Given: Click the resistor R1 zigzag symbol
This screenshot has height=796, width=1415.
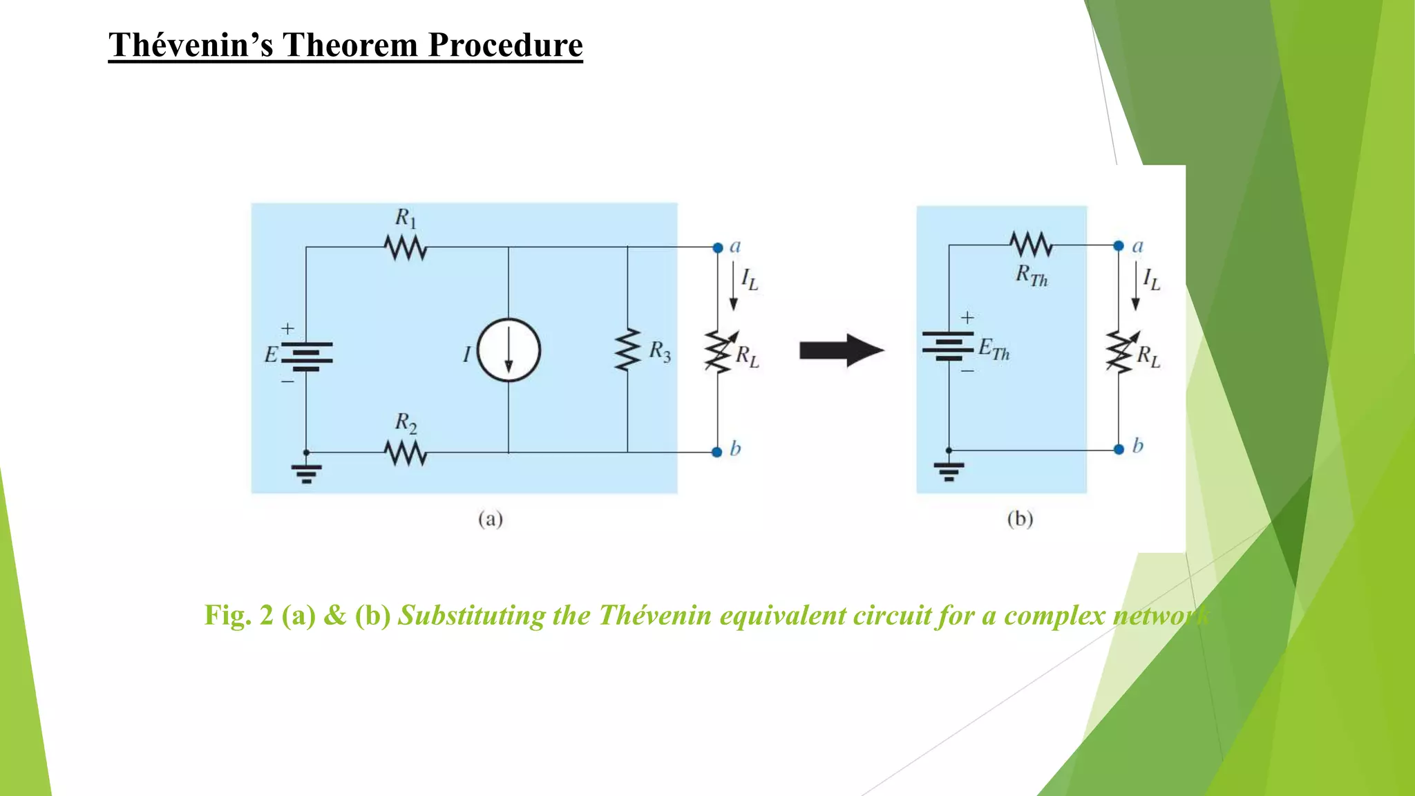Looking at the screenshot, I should tap(406, 247).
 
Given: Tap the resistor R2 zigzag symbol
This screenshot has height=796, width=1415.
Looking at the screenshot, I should tap(406, 453).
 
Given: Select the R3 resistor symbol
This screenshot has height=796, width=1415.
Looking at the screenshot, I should tap(627, 350).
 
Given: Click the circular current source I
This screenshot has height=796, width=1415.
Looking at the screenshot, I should tap(509, 350).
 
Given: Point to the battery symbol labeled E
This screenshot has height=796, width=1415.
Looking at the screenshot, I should tap(306, 357).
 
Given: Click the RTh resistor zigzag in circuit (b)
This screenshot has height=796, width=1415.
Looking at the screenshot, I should tap(1031, 245).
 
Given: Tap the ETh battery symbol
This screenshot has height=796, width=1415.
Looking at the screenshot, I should tap(948, 345).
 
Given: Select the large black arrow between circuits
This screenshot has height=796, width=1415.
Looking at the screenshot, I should tap(841, 350).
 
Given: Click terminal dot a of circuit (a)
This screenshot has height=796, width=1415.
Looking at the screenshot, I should tap(718, 247).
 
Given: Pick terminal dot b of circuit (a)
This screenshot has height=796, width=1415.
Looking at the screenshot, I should tap(716, 452).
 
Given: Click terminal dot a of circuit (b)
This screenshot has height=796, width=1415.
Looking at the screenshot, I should tap(1119, 245).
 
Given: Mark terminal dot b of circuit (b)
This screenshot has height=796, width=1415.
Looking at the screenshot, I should tap(1119, 450).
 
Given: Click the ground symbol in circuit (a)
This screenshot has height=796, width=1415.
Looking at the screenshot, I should tap(306, 473).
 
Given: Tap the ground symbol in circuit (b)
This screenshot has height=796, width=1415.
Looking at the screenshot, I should tap(949, 471).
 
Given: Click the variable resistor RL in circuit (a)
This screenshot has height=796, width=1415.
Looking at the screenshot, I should tap(719, 352).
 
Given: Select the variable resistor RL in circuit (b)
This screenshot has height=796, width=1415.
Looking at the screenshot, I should tap(1120, 352).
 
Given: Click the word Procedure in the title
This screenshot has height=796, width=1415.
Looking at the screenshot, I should tap(505, 46).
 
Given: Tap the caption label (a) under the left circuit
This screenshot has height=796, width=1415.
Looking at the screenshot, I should tap(491, 519).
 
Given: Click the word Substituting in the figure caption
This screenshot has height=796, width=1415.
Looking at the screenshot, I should tap(471, 615).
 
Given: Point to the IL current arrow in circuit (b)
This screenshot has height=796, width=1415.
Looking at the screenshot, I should tap(1135, 285).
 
